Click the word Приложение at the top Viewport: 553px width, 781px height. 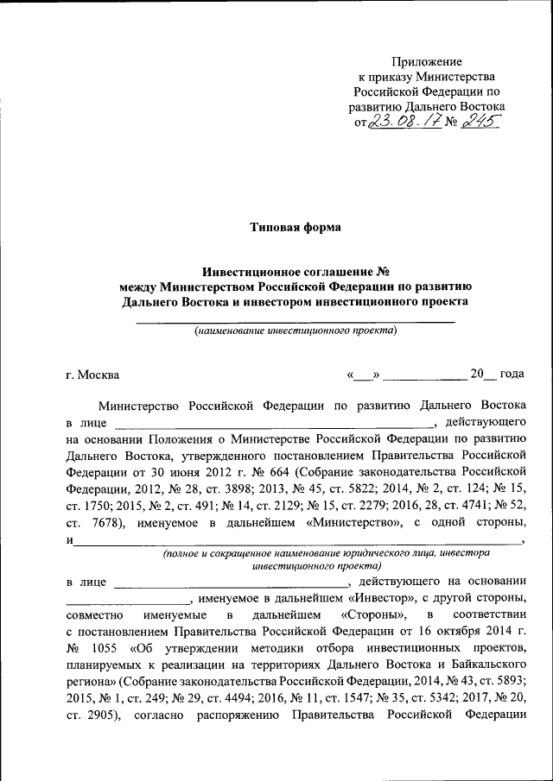427,61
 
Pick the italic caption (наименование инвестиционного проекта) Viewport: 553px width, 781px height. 296,331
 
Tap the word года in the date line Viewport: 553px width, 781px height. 512,375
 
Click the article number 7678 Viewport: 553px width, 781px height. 106,522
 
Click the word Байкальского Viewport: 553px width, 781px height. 484,664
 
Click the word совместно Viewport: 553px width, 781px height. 94,614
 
